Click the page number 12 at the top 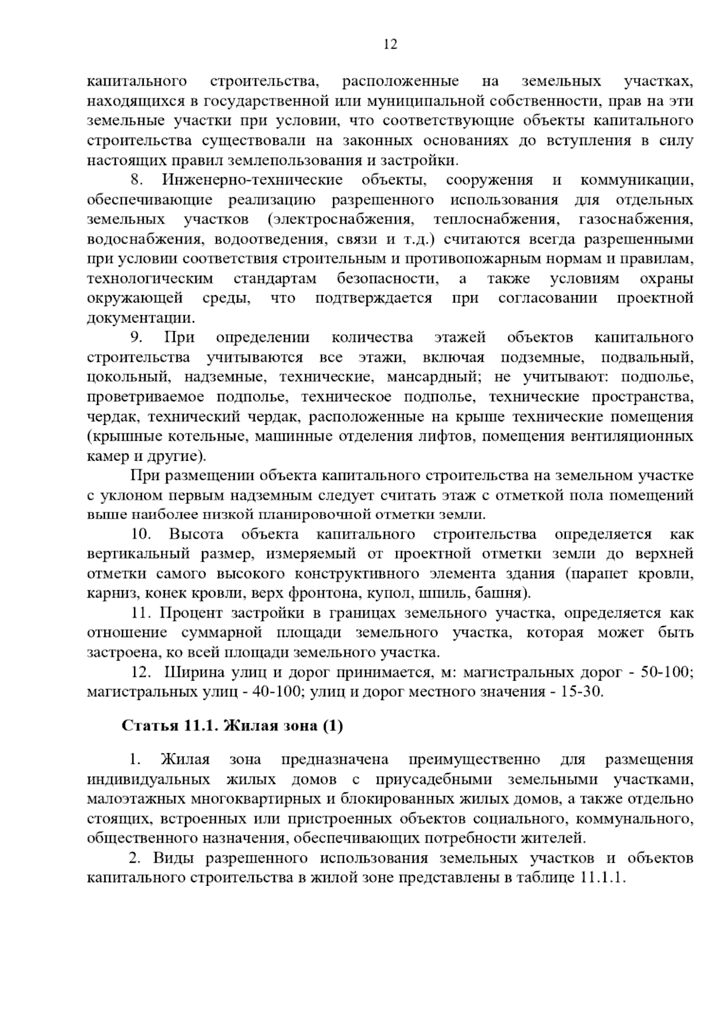(390, 44)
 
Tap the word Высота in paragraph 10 (196, 534)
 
